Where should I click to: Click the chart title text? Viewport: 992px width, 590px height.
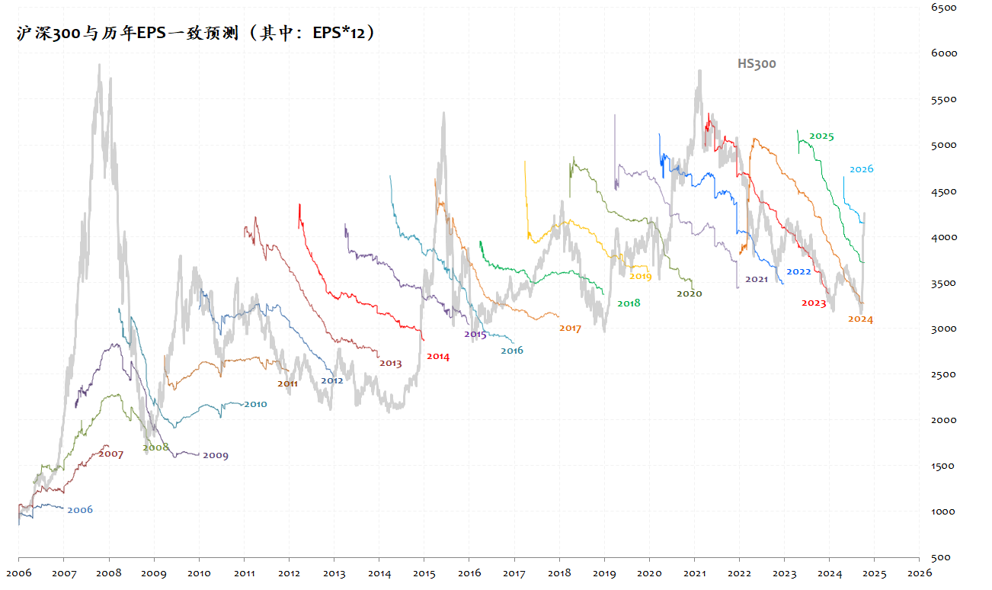pyautogui.click(x=196, y=34)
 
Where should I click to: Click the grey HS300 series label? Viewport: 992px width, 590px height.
pyautogui.click(x=756, y=64)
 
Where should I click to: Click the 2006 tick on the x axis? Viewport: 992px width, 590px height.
pyautogui.click(x=18, y=572)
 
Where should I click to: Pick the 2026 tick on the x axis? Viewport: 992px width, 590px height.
pyautogui.click(x=919, y=572)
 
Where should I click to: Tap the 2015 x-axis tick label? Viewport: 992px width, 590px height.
pyautogui.click(x=424, y=572)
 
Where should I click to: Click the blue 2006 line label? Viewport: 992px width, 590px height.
pyautogui.click(x=80, y=510)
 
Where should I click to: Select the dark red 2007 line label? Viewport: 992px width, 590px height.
pyautogui.click(x=110, y=454)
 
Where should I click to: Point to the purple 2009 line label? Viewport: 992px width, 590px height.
pyautogui.click(x=215, y=456)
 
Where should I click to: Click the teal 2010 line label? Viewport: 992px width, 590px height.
pyautogui.click(x=255, y=404)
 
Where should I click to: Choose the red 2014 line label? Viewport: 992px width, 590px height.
pyautogui.click(x=438, y=356)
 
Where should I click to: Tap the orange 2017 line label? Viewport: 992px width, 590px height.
pyautogui.click(x=570, y=329)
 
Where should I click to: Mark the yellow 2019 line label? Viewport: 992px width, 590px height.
pyautogui.click(x=640, y=277)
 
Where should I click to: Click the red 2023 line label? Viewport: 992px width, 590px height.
pyautogui.click(x=814, y=303)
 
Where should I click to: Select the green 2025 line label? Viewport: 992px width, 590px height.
pyautogui.click(x=821, y=136)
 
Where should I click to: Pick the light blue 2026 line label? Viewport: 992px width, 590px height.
pyautogui.click(x=861, y=169)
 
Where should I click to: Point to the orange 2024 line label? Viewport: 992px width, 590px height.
pyautogui.click(x=860, y=319)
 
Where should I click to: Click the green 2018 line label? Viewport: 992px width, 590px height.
pyautogui.click(x=629, y=303)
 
